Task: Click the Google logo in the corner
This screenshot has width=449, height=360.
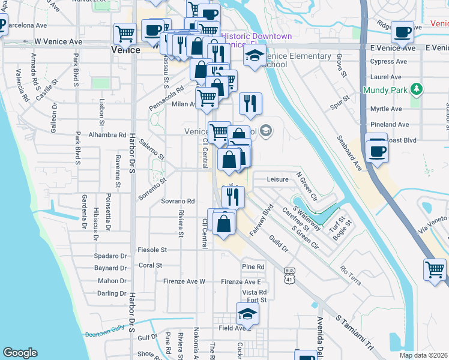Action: (x=20, y=353)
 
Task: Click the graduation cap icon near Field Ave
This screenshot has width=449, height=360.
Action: (x=246, y=314)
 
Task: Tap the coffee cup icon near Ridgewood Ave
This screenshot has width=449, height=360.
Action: (x=402, y=31)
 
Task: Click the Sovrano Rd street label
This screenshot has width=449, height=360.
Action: (x=178, y=202)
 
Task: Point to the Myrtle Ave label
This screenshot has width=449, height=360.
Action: (x=386, y=109)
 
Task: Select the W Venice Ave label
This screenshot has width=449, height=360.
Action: (x=58, y=42)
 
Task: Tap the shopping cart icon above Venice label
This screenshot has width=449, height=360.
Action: (x=124, y=34)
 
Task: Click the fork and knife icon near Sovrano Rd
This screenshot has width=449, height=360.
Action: (x=232, y=196)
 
